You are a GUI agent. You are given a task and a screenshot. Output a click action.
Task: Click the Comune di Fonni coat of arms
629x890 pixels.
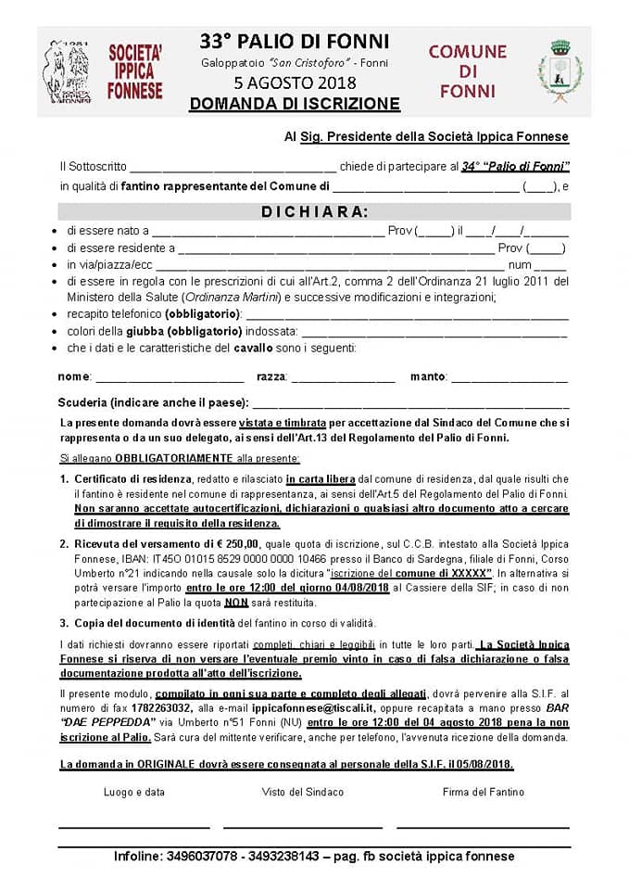tap(560, 70)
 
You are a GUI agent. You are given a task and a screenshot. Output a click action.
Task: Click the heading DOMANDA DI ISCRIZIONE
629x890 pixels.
tap(295, 104)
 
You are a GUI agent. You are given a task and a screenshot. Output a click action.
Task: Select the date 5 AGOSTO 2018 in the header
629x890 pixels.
tap(295, 83)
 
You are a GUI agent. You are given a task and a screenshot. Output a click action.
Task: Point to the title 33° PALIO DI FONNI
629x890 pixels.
tap(295, 42)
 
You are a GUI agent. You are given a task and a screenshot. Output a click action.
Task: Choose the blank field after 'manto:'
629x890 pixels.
tap(509, 377)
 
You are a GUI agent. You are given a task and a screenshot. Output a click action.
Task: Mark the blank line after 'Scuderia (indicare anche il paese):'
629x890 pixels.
tap(410, 404)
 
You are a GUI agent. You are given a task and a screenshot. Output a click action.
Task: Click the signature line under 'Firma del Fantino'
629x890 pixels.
tap(483, 826)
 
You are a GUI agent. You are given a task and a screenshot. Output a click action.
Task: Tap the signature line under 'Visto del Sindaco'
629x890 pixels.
tap(302, 826)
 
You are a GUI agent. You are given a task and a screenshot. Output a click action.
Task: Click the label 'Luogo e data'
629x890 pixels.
tap(134, 792)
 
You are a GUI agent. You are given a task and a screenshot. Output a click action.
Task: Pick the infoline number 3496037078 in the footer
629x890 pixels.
tap(203, 857)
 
